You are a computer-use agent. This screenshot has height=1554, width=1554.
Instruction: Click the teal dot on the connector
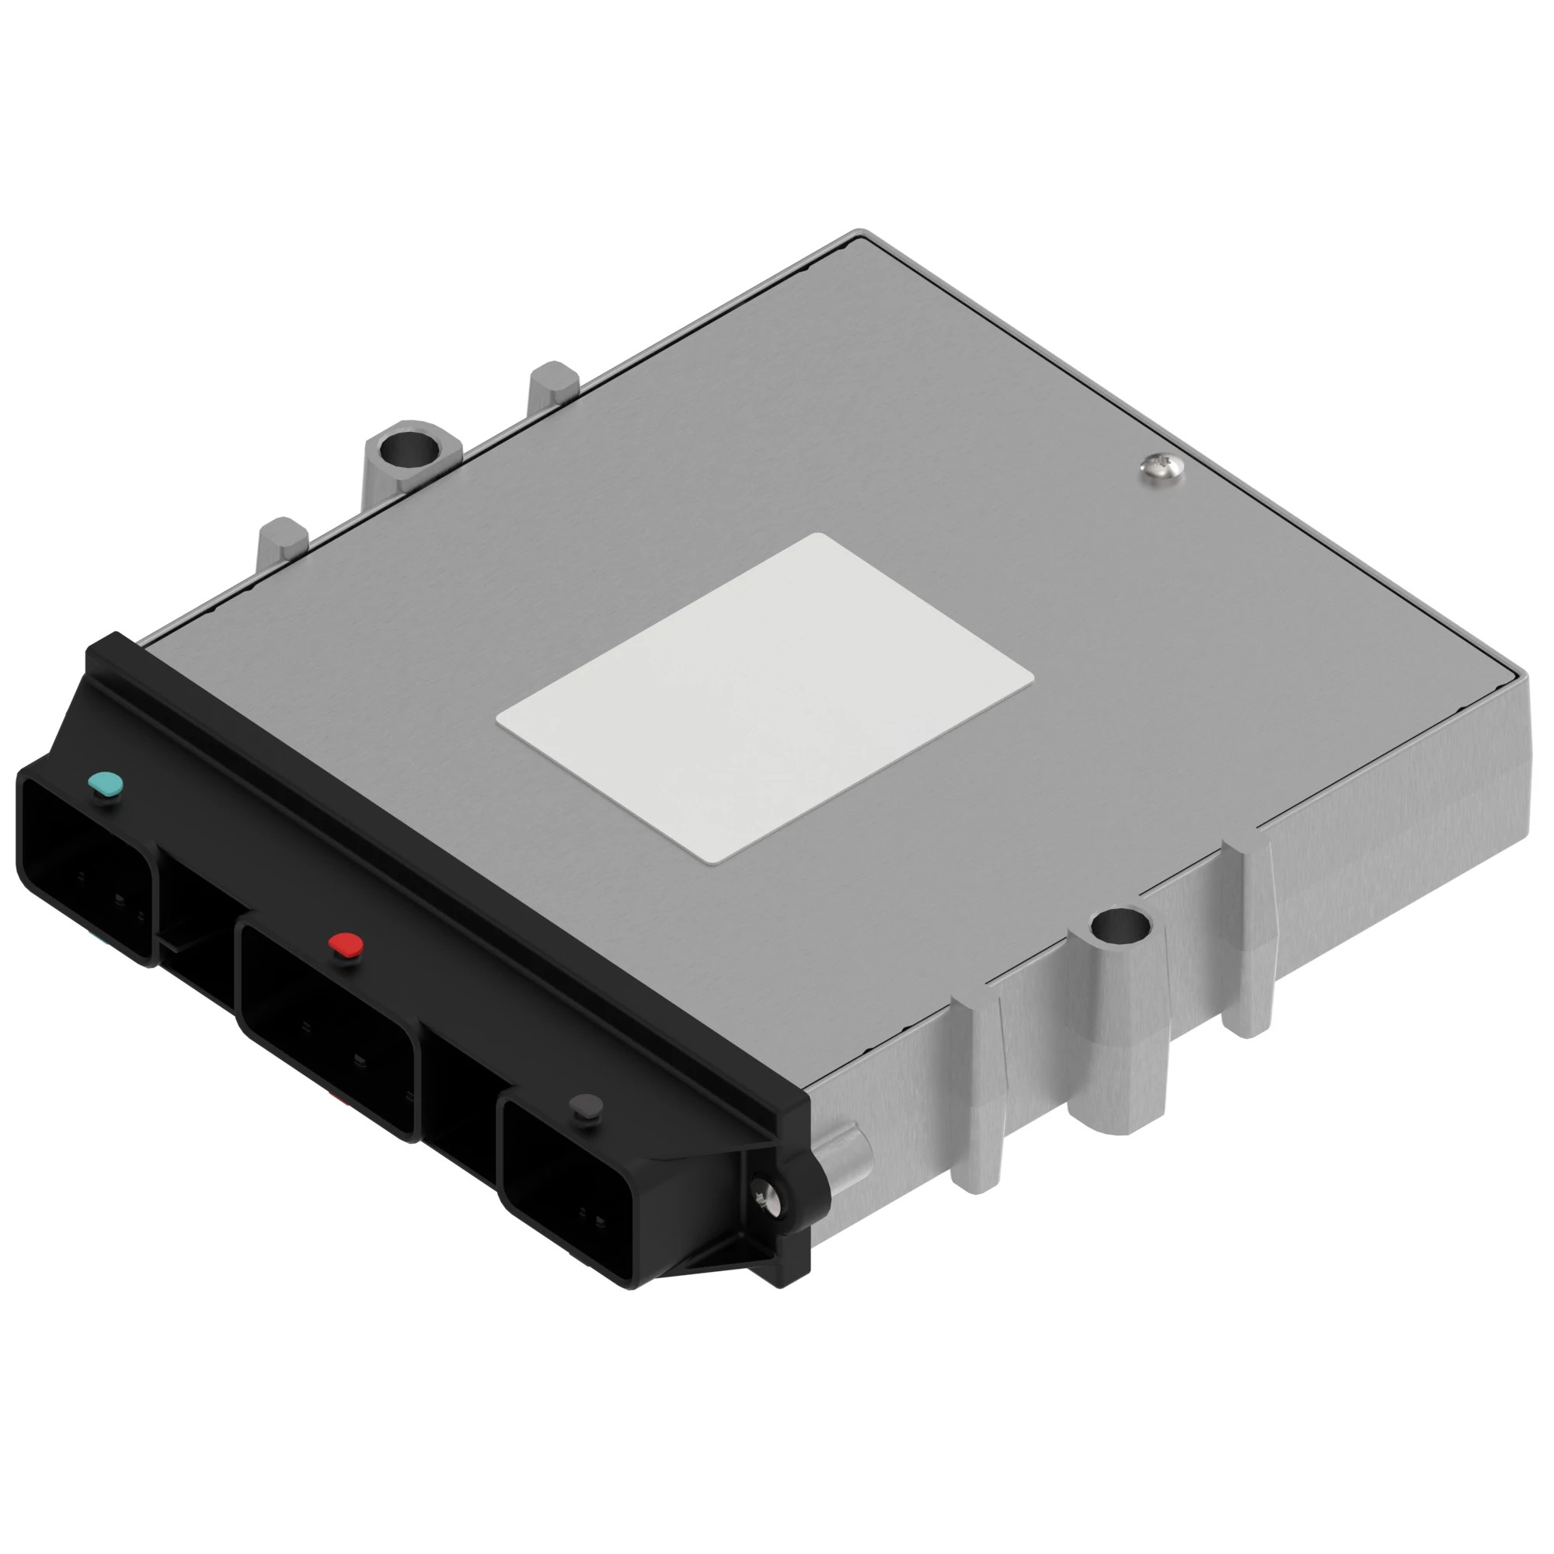[106, 782]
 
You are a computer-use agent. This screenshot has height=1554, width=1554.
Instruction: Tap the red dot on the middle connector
[347, 945]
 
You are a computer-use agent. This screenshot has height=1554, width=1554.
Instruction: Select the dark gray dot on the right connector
[585, 1106]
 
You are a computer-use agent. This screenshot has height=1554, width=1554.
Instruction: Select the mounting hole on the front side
[1120, 928]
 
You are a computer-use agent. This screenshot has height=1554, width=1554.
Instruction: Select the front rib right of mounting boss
[1248, 933]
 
